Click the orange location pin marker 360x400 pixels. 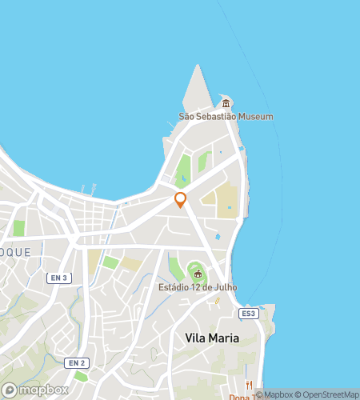(x=181, y=200)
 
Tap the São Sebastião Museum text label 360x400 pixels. (x=226, y=117)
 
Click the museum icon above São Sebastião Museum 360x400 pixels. (x=226, y=103)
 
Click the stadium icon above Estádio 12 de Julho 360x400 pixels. (x=198, y=274)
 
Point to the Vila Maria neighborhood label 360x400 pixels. (x=212, y=338)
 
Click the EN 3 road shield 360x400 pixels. (x=58, y=278)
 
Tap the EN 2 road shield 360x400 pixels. (x=77, y=363)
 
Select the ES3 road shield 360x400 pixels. (x=250, y=314)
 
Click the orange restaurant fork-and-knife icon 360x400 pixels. (x=250, y=385)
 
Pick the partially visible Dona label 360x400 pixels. (x=240, y=397)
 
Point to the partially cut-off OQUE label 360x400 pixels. (x=15, y=251)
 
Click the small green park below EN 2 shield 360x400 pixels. (x=79, y=375)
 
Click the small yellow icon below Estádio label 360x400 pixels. (x=216, y=301)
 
